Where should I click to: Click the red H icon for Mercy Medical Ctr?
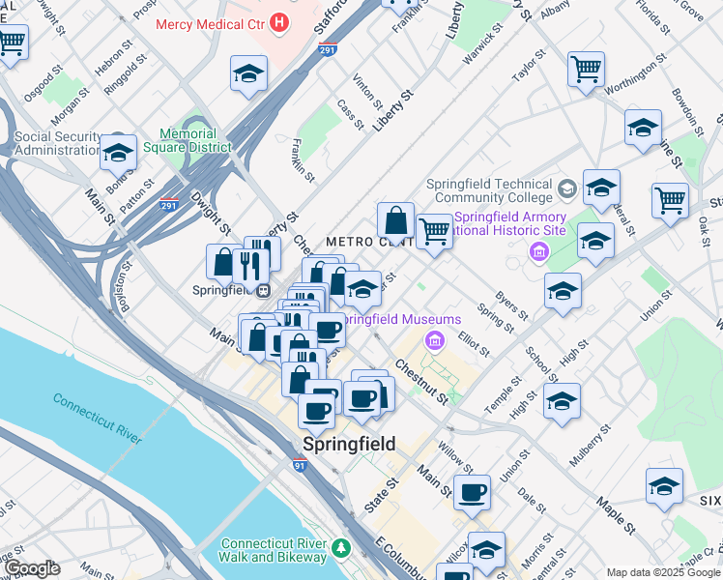[x=280, y=20]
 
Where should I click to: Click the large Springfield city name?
[x=348, y=444]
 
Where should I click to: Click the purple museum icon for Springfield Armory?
[x=539, y=251]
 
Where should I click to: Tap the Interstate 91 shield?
[x=301, y=465]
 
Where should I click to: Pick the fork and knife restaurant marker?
[x=251, y=266]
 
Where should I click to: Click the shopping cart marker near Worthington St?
[x=586, y=69]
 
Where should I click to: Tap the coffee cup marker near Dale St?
[x=472, y=492]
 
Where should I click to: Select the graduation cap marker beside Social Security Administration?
[x=118, y=151]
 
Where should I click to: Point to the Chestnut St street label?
[x=420, y=382]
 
